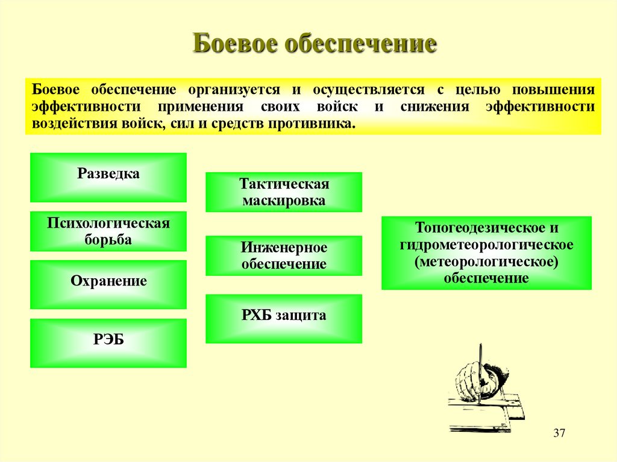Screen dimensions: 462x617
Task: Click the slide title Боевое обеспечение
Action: point(314,45)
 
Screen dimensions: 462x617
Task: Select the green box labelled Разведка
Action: point(108,177)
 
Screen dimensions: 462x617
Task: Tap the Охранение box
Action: point(108,284)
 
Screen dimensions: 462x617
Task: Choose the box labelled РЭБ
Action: point(108,343)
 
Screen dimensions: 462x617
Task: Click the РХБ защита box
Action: point(284,319)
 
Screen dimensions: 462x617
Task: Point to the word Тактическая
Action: point(284,184)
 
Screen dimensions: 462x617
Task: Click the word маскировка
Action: point(284,201)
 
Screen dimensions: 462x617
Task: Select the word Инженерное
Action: point(284,248)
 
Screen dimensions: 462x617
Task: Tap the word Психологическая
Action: point(108,223)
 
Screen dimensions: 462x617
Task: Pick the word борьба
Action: point(108,240)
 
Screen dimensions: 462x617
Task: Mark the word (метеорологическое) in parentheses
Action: point(486,262)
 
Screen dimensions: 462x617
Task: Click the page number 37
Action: point(559,434)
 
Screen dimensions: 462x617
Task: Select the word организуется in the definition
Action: point(234,90)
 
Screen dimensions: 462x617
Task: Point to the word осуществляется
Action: point(368,90)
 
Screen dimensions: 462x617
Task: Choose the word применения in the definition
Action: point(201,107)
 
